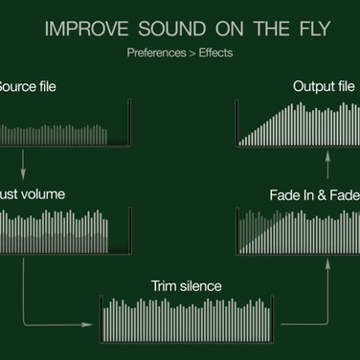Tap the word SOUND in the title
164,29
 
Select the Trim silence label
186,285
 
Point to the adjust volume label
33,193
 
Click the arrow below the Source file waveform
21,160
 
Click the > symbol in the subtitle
191,54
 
